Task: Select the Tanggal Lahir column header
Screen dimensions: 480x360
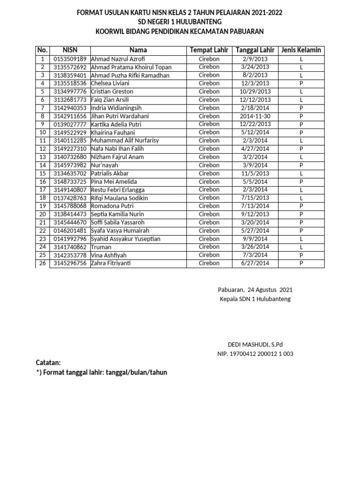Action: point(255,50)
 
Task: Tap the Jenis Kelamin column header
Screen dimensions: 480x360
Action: point(301,50)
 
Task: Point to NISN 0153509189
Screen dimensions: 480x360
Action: point(70,59)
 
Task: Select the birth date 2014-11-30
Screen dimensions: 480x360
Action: point(255,116)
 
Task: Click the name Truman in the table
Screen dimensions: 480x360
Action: point(101,247)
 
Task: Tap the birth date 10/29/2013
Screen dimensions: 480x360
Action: point(255,91)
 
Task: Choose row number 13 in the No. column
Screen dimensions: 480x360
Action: point(43,157)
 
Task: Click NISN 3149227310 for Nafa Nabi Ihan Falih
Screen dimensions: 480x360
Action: point(70,149)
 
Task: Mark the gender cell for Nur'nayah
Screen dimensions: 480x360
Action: point(301,165)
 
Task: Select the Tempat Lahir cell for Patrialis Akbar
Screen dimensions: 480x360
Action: point(209,173)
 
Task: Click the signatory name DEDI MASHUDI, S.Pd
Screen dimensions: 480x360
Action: point(255,345)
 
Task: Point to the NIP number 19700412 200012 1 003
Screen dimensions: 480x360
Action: point(255,354)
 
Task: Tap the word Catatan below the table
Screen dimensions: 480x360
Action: point(48,363)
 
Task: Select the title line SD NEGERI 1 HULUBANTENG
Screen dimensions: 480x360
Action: point(180,22)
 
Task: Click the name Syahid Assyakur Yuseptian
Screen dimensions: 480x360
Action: point(126,239)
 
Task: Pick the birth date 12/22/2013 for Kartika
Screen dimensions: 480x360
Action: point(255,124)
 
